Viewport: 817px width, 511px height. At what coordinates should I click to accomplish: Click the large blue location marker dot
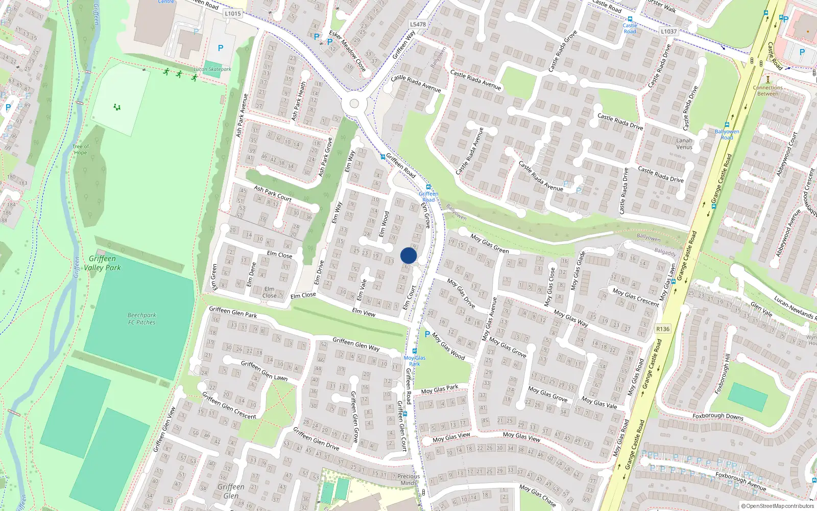408,255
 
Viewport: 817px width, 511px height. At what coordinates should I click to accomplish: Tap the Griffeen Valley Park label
103,263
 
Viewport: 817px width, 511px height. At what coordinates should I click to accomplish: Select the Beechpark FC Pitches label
142,319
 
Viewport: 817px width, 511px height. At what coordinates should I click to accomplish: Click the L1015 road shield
232,14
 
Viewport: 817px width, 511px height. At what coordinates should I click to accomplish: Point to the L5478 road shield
418,24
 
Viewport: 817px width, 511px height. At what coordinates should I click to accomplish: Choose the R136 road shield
663,329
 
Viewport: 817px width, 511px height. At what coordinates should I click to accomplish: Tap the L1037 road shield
668,31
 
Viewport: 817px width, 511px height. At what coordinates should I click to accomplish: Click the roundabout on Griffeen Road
354,104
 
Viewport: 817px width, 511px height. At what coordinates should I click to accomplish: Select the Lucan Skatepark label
212,69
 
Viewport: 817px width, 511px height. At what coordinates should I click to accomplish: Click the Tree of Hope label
80,149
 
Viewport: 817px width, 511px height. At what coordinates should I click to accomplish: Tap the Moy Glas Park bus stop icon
415,351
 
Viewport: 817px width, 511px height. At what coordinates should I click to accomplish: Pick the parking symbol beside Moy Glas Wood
427,334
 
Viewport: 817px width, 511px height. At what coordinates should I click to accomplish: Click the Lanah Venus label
684,144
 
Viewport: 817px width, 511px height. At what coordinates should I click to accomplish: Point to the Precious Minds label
408,479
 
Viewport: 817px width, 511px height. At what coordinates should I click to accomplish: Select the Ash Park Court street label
273,194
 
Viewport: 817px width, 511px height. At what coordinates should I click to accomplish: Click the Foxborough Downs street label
717,416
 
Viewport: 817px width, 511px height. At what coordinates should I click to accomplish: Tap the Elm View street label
364,312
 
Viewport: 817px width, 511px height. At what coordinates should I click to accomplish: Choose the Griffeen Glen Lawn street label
264,370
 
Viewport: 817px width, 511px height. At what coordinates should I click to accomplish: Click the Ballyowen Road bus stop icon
727,125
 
